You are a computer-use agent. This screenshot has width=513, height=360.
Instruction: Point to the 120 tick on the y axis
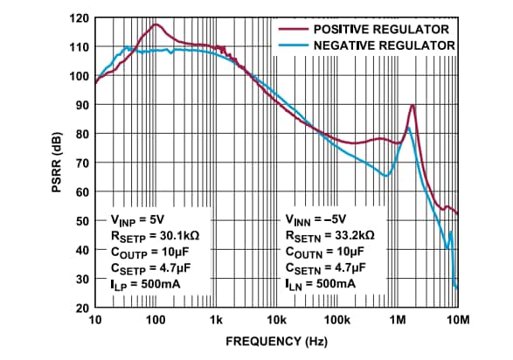coord(78,17)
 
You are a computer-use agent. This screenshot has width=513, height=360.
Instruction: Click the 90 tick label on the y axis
coord(80,105)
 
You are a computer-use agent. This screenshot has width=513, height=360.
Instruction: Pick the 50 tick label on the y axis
coord(80,221)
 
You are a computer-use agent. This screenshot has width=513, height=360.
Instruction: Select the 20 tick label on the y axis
coord(80,308)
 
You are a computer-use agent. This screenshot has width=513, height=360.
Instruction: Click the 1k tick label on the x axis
coord(216,321)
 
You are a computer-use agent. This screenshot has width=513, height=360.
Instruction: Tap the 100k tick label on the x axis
coord(337,321)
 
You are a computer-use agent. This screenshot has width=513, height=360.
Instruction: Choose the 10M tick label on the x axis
coord(457,321)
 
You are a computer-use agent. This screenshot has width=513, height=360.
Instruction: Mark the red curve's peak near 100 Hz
coord(156,24)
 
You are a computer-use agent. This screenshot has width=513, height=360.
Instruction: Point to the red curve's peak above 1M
coord(412,106)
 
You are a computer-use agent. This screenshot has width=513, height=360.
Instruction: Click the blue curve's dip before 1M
coord(385,176)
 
